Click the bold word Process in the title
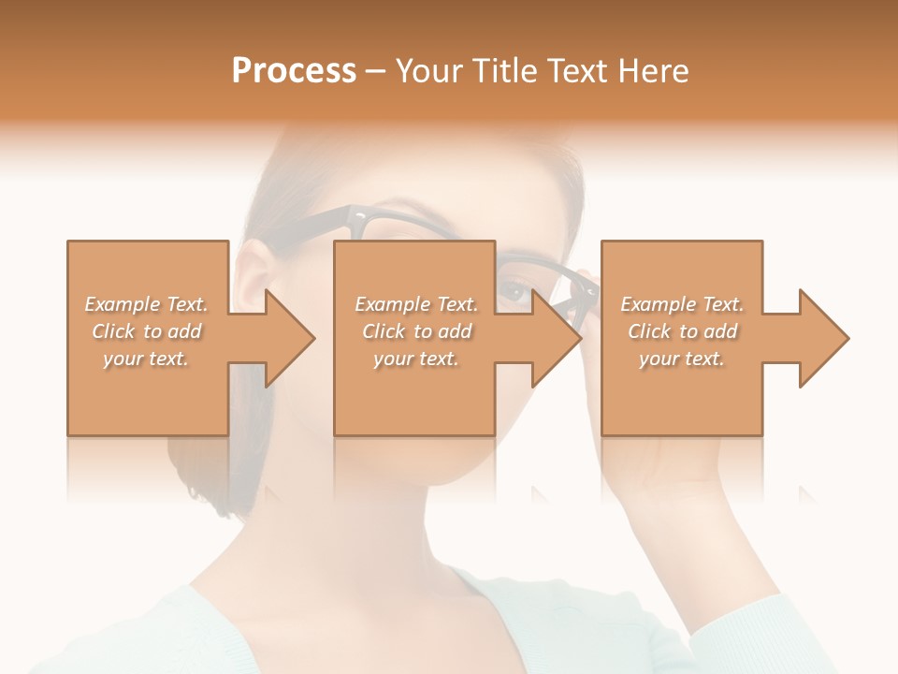coord(294,70)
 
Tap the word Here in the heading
coord(654,70)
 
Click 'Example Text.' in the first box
coord(146,304)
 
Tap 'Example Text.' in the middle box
coord(416,304)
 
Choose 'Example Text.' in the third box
coord(682,304)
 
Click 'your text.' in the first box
coord(146,359)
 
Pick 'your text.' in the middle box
coord(416,359)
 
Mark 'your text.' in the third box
coord(682,359)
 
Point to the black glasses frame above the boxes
coord(374,223)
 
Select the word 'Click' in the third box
coord(650,331)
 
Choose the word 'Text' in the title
coord(577,70)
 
